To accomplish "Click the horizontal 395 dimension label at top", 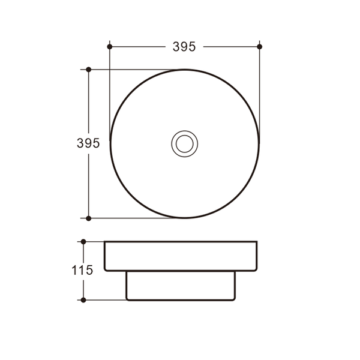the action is tap(184, 47).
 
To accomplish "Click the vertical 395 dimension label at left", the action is tap(88, 143).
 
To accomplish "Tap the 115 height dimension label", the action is tap(82, 270).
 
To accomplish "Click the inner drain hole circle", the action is tap(185, 144).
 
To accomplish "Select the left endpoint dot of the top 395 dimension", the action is tap(110, 47).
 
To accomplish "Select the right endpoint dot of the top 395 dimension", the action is tap(260, 47).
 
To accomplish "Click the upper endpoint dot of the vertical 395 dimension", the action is tap(89, 70).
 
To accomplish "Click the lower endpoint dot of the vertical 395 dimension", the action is tap(89, 218).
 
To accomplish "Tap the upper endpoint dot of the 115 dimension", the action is tap(83, 242).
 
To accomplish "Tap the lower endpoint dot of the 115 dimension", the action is tap(83, 300).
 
